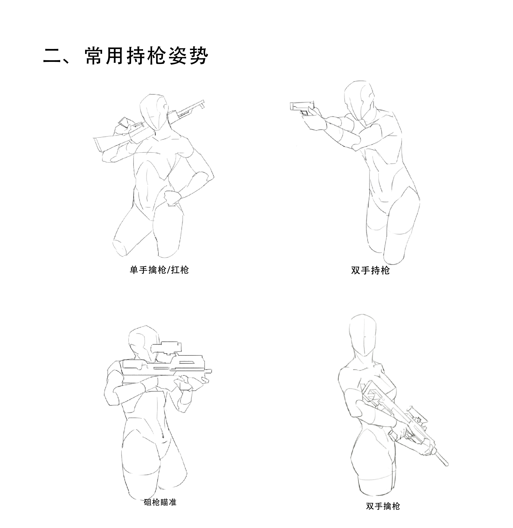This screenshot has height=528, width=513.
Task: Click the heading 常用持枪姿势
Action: (147, 56)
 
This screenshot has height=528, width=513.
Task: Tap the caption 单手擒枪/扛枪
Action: (159, 270)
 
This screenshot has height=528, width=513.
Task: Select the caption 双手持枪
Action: (370, 270)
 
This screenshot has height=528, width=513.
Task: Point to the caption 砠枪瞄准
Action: (160, 502)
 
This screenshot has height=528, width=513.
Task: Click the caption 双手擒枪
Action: (383, 506)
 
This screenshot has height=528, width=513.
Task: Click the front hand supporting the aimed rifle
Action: (189, 383)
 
